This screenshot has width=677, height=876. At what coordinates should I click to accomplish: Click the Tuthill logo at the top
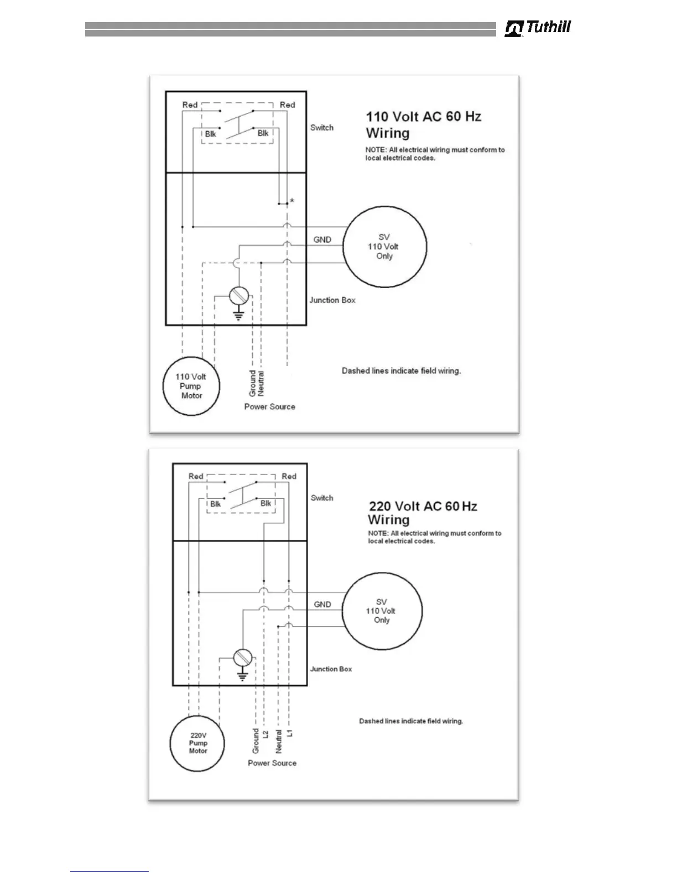(538, 28)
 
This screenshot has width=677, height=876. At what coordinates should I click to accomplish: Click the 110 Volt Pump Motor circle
(191, 386)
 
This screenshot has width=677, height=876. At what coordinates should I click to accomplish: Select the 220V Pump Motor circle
(198, 743)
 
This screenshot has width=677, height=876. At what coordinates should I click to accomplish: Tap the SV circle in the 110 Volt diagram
(384, 247)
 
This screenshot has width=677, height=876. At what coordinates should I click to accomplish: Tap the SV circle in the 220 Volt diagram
(381, 611)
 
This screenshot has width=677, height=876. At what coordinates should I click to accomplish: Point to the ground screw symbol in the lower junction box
(242, 658)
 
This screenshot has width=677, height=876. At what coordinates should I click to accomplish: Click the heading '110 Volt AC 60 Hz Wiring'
(423, 124)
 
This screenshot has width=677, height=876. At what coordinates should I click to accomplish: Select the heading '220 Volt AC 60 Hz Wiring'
(423, 513)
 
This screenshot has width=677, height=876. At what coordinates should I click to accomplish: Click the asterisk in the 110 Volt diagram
(292, 201)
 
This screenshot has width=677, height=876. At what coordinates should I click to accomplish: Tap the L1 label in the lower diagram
(290, 733)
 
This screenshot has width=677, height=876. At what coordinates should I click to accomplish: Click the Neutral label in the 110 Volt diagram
(261, 383)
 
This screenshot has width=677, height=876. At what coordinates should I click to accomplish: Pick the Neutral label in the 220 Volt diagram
(279, 741)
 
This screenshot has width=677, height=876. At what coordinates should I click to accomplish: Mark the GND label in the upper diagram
(322, 239)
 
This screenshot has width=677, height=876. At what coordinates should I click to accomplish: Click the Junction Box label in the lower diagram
(331, 669)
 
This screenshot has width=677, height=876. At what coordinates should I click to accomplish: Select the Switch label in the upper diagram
(322, 128)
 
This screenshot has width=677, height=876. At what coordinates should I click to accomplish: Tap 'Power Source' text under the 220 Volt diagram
(272, 763)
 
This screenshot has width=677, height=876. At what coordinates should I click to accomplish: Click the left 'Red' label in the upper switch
(190, 105)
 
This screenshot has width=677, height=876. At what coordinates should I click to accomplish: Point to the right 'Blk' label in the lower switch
(265, 503)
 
